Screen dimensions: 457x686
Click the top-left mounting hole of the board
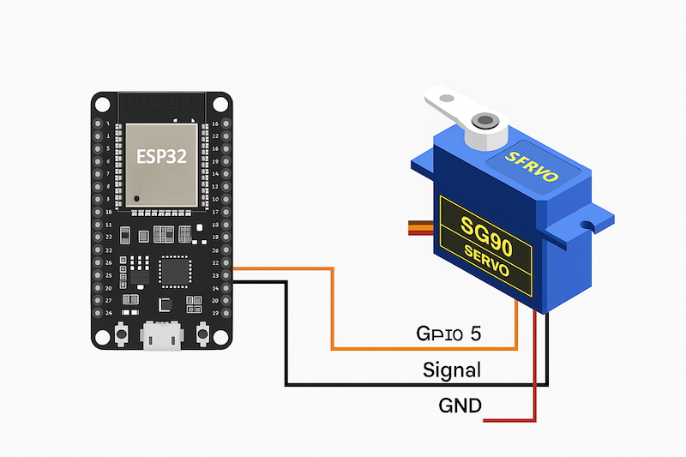[x=103, y=104]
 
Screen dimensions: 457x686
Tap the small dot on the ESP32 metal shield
[x=134, y=199]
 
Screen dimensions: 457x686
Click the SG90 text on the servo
[x=486, y=229]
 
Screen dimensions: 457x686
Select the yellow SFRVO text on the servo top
[x=532, y=165]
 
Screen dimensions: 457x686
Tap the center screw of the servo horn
[x=486, y=120]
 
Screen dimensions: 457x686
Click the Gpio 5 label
[x=448, y=334]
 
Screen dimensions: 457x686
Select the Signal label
[x=452, y=370]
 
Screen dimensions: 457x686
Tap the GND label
[x=460, y=405]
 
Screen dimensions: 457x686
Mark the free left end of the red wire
[x=487, y=421]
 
